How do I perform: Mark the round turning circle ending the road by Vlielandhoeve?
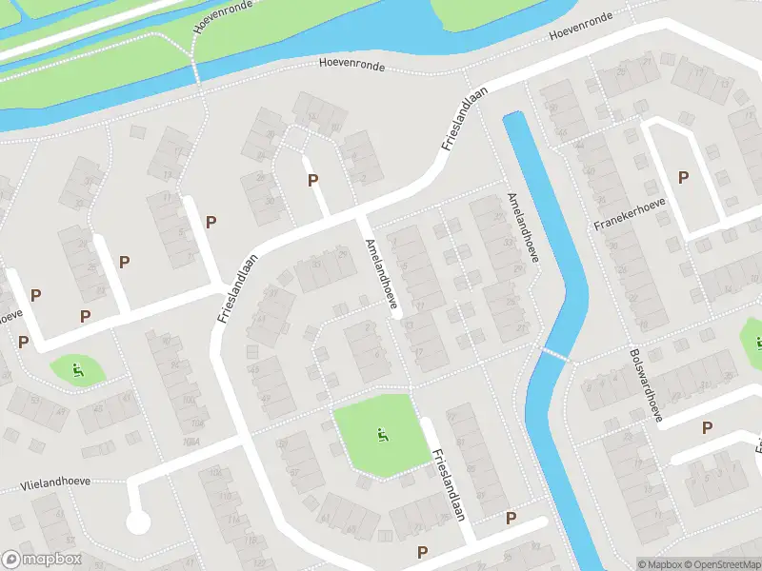click(x=137, y=522)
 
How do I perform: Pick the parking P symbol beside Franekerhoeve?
click(x=682, y=177)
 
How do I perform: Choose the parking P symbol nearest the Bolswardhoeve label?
click(x=706, y=428)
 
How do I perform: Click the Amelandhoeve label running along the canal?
click(x=524, y=226)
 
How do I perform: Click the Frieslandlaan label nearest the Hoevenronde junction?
click(x=465, y=118)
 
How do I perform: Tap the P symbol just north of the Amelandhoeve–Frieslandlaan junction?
click(x=311, y=181)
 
